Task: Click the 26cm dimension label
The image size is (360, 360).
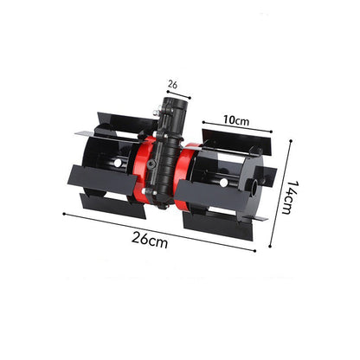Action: pyautogui.click(x=150, y=241)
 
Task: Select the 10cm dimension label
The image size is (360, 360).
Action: pyautogui.click(x=236, y=120)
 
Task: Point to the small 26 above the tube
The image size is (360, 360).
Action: pyautogui.click(x=172, y=85)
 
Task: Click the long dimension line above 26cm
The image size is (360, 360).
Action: pyautogui.click(x=159, y=233)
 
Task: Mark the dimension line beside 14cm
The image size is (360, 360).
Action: pyautogui.click(x=280, y=194)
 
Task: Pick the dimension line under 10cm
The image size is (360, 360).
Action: pyautogui.click(x=237, y=127)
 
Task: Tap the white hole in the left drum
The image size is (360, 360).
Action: pyautogui.click(x=118, y=164)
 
